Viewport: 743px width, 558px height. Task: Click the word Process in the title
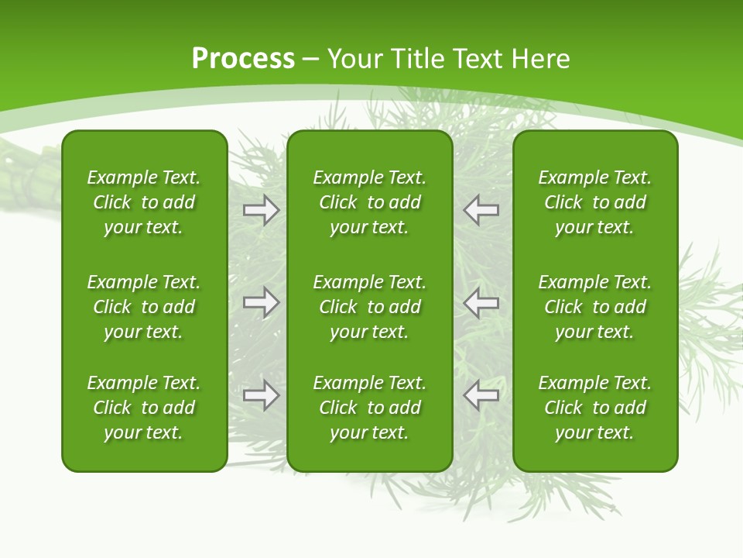(243, 59)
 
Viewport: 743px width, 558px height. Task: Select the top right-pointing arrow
(262, 209)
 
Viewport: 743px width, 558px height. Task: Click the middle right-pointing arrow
(262, 302)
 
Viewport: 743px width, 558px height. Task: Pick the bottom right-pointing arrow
(262, 395)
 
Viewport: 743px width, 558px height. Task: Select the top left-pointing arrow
(481, 209)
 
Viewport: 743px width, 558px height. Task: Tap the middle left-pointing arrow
(481, 302)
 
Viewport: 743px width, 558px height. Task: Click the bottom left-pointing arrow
(481, 395)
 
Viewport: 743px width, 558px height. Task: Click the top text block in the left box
(144, 202)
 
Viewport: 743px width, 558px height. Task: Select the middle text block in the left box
(144, 307)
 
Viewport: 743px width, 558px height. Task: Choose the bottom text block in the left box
(144, 408)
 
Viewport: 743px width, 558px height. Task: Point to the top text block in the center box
(370, 202)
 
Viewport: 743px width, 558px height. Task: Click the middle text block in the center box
(370, 307)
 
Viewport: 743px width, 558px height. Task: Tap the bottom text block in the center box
(370, 408)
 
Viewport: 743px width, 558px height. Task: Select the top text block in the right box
(595, 202)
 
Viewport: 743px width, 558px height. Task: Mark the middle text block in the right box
(595, 307)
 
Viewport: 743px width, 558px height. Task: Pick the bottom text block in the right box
(595, 408)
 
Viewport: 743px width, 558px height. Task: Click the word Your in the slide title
(357, 59)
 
